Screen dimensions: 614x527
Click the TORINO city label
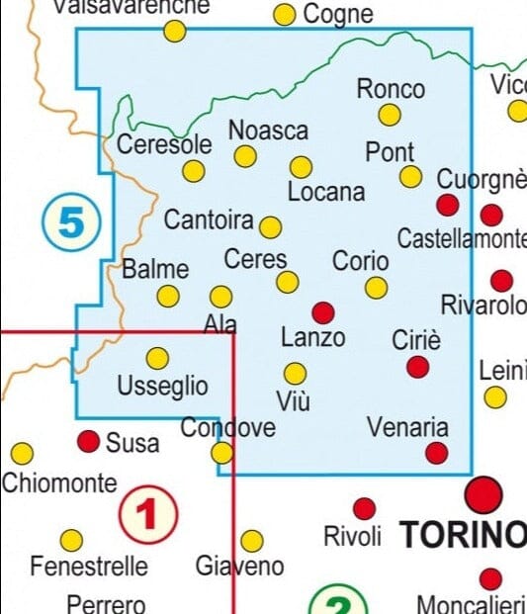coord(463,535)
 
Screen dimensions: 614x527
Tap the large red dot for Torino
coord(484,493)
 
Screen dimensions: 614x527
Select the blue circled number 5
coord(72,222)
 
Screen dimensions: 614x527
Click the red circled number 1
coord(148,514)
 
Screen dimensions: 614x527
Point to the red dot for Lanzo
coord(323,312)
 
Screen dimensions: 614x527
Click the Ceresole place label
coord(164,144)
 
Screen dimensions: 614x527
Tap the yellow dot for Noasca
coord(245,155)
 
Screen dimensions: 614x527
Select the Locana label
coord(326,192)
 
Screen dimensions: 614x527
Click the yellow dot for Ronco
coord(391,115)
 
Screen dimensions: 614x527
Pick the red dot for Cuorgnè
coord(448,205)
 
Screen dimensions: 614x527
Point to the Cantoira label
coord(209,219)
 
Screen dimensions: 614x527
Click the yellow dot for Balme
coord(169,296)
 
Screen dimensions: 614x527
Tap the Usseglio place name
coord(162,386)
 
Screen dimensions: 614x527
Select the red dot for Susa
coord(89,441)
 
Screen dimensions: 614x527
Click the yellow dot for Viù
coord(295,373)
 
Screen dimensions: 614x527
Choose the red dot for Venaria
coord(436,453)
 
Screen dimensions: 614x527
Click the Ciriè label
coord(416,340)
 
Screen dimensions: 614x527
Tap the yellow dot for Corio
coord(376,288)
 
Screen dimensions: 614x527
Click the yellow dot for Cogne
coord(285,15)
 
